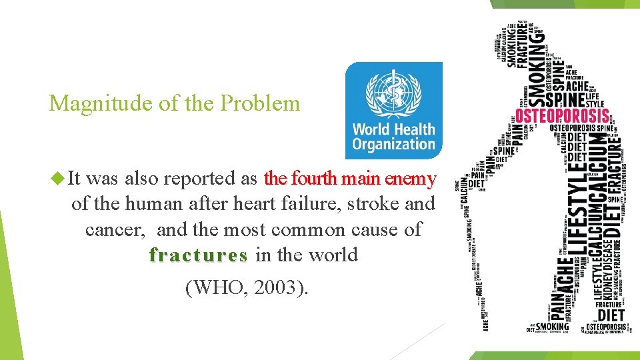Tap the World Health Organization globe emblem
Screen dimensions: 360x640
393,91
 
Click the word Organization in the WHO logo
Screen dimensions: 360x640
393,144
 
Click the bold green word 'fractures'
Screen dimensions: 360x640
198,255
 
